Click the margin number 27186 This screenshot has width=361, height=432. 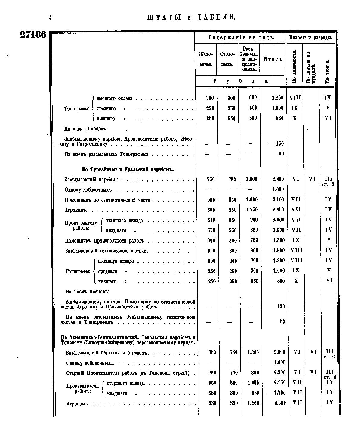(33, 35)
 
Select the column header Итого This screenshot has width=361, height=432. (273, 59)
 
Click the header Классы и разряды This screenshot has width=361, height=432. (311, 38)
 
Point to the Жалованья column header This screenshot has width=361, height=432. (206, 59)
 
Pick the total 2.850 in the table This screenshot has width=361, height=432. (278, 210)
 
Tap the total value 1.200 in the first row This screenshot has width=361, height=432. (277, 98)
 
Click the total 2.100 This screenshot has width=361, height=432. (278, 199)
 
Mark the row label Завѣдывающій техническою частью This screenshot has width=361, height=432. (106, 251)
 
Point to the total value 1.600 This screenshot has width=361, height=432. (278, 230)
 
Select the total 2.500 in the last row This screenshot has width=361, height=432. (280, 403)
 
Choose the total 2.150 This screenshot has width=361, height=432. (280, 383)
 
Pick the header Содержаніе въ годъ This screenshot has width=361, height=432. (240, 38)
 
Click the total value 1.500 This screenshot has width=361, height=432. (278, 251)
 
